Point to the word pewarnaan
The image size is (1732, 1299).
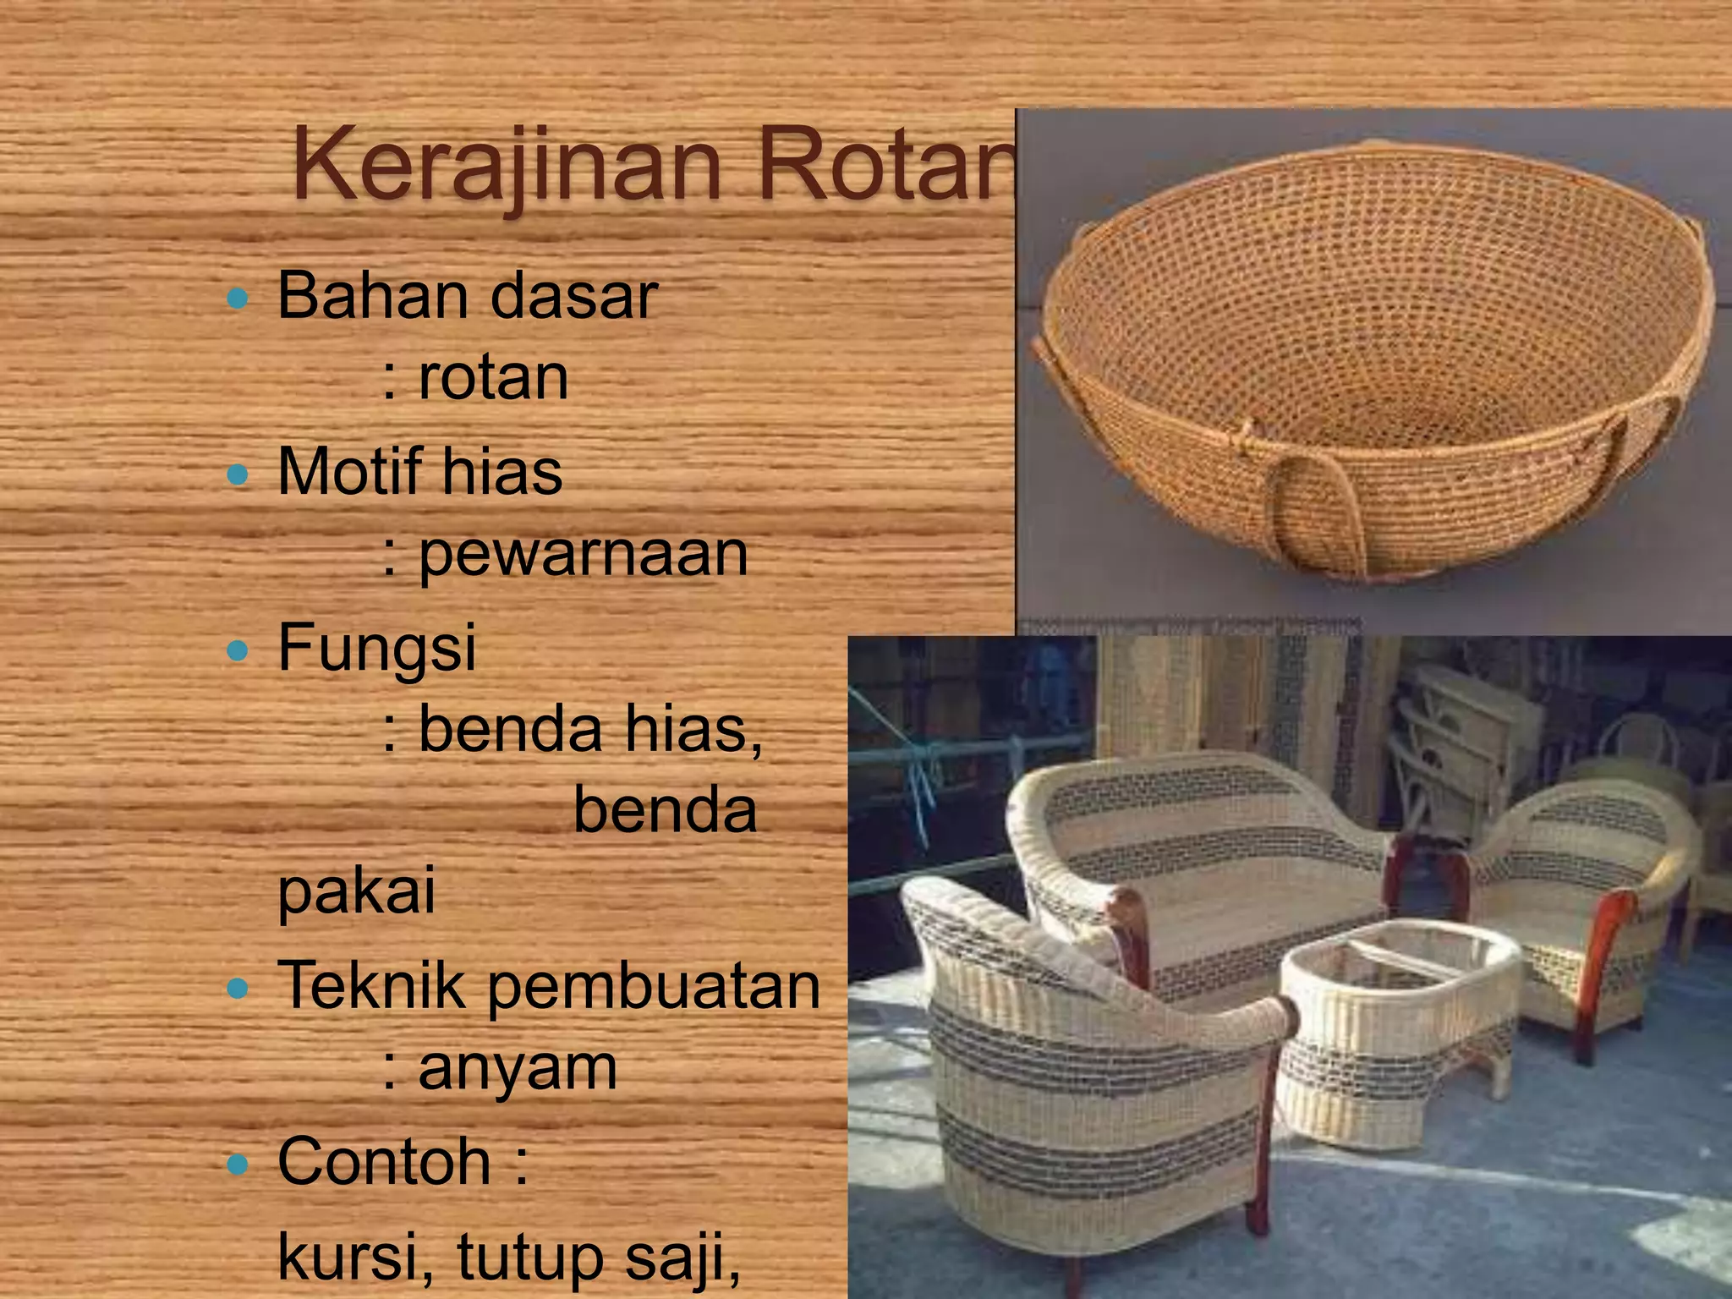point(584,554)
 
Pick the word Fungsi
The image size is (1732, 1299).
point(377,648)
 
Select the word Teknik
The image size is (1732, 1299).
point(372,985)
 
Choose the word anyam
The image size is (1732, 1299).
point(518,1069)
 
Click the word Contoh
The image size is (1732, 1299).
point(384,1162)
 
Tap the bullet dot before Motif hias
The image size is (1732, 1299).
point(238,474)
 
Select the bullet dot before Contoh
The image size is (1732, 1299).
point(238,1165)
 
